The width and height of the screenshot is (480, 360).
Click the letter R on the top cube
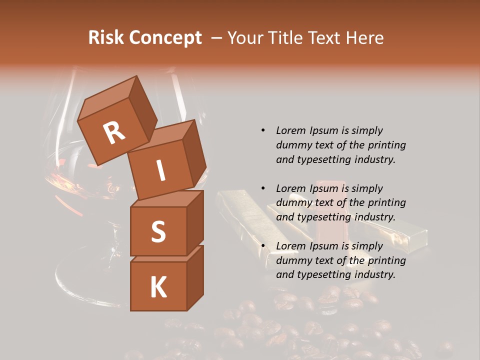[114, 133]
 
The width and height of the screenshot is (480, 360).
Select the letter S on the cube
[158, 231]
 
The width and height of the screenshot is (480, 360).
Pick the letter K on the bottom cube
[158, 287]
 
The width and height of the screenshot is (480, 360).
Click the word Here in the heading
[364, 38]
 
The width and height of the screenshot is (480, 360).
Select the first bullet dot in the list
[263, 130]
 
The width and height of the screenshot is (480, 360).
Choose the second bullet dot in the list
[263, 188]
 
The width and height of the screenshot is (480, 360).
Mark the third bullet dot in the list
[263, 246]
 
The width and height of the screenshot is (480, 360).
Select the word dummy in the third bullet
[292, 260]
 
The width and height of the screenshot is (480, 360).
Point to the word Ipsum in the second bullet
[324, 188]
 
